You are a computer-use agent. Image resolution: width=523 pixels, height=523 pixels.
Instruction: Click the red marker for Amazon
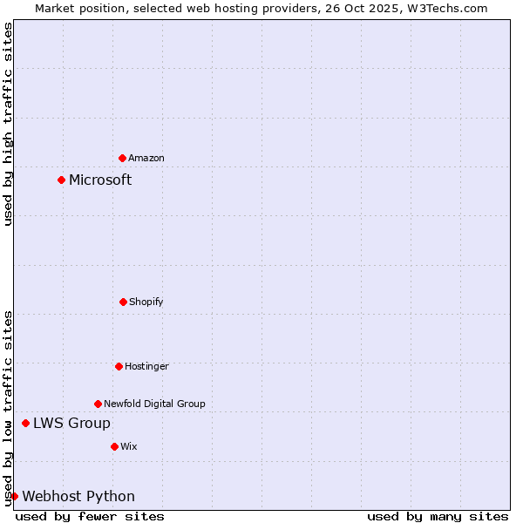click(122, 158)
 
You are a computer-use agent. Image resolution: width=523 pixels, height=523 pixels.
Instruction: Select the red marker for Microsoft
click(61, 180)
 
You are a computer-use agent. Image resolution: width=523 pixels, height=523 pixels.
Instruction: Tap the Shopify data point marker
click(123, 302)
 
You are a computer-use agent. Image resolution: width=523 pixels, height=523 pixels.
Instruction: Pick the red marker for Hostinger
click(119, 366)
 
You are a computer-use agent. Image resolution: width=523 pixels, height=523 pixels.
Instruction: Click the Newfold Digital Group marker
click(98, 404)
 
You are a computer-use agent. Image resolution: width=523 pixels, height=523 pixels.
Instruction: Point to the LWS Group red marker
click(25, 423)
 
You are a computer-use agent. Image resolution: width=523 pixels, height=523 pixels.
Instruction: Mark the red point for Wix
click(114, 446)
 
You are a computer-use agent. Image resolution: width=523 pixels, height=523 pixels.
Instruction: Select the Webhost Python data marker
click(14, 496)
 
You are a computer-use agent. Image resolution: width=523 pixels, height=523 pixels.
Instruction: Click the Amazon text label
click(146, 158)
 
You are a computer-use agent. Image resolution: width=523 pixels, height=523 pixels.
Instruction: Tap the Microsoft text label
click(100, 180)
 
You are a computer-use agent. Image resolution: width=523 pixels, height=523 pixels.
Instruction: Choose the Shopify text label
click(146, 302)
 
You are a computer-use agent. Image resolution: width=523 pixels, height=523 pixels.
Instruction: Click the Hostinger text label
click(146, 366)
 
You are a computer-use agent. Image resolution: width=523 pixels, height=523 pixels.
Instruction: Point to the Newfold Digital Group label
click(154, 404)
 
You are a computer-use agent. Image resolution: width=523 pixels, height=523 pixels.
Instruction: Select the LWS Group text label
click(71, 423)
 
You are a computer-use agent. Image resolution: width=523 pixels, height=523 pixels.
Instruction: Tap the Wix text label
click(129, 446)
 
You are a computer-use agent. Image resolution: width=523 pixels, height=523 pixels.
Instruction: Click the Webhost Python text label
click(78, 496)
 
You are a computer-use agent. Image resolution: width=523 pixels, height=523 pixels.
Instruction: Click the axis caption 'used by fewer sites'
click(90, 516)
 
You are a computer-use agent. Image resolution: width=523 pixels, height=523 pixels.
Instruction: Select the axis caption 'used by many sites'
click(438, 516)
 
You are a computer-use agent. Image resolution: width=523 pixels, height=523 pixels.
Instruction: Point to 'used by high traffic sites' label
click(8, 124)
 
